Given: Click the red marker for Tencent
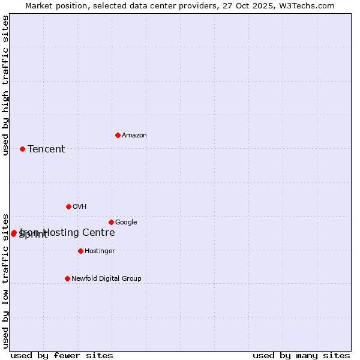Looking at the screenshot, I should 22,149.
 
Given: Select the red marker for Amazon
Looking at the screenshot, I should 118,135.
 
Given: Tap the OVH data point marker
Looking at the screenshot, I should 68,206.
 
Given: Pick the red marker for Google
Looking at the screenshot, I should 111,222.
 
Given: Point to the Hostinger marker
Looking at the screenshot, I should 80,251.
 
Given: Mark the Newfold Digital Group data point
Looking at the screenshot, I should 67,278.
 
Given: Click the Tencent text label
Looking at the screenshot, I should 46,149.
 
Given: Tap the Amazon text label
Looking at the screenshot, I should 134,136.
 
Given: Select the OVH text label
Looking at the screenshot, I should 80,207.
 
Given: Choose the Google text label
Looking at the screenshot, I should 126,223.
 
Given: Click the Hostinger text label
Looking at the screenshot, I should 100,251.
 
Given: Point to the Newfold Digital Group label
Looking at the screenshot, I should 106,279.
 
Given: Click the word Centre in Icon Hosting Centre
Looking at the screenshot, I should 98,233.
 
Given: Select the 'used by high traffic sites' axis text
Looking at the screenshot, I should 5,85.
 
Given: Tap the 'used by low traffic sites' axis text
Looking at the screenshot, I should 5,280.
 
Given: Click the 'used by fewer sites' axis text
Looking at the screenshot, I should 62,356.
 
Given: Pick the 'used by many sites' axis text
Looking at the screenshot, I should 301,356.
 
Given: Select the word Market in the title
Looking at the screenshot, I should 40,6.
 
